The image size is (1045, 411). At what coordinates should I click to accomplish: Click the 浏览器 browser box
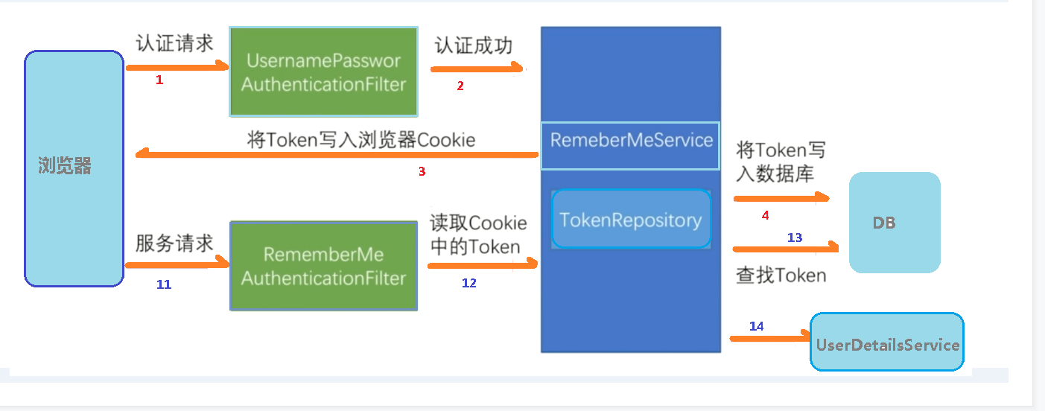(74, 168)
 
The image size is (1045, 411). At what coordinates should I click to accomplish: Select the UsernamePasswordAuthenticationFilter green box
(323, 72)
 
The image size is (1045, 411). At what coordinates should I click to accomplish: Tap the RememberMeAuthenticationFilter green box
(323, 266)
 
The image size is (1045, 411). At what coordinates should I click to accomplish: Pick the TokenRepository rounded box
(631, 220)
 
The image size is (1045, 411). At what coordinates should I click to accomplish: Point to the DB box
(894, 223)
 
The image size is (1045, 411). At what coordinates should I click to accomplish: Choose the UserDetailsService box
(887, 343)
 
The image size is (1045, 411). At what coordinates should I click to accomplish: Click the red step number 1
(159, 80)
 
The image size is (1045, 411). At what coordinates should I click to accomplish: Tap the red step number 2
(460, 86)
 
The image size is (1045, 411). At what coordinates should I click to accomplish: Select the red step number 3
(422, 171)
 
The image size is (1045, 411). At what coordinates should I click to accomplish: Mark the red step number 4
(765, 215)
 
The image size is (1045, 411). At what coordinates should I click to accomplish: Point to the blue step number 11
(164, 284)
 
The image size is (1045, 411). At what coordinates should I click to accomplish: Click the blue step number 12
(468, 283)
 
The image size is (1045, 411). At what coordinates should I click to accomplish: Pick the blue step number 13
(795, 238)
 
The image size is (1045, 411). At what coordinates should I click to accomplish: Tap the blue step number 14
(756, 326)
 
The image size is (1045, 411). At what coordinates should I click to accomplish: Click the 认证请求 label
(175, 43)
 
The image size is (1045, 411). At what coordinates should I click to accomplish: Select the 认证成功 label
(474, 45)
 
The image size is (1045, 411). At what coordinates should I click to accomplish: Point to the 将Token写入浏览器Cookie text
(361, 139)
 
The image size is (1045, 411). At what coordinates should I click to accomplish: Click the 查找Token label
(781, 275)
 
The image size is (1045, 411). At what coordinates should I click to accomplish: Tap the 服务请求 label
(175, 243)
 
